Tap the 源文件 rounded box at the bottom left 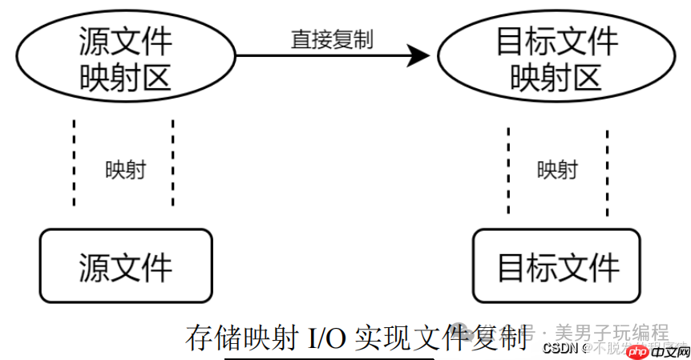(x=126, y=265)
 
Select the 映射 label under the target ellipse (x=556, y=170)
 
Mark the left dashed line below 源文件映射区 (x=75, y=164)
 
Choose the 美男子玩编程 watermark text (x=612, y=332)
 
